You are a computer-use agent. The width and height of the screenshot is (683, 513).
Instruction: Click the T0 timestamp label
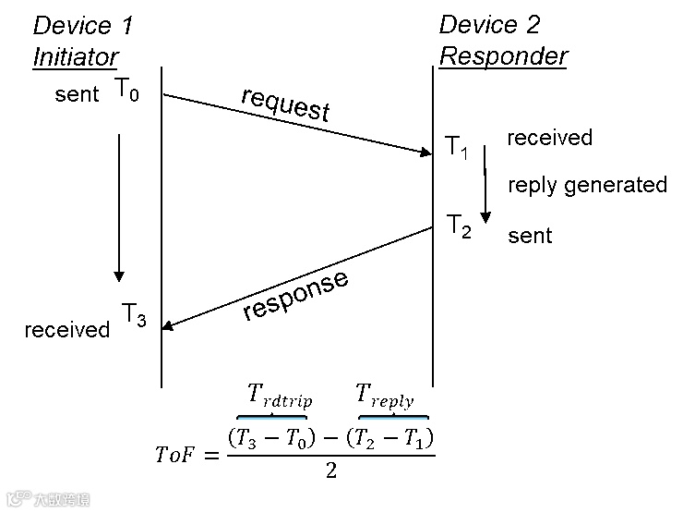pyautogui.click(x=127, y=90)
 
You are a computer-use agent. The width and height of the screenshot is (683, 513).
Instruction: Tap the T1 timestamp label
pyautogui.click(x=457, y=146)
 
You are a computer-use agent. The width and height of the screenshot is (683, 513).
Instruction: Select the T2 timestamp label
pyautogui.click(x=459, y=226)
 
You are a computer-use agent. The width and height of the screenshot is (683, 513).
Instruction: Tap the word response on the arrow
pyautogui.click(x=296, y=296)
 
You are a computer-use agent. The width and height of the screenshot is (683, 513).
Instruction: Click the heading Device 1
pyautogui.click(x=83, y=25)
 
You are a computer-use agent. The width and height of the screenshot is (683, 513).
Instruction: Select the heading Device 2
pyautogui.click(x=489, y=25)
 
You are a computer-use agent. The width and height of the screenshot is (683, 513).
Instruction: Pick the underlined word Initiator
pyautogui.click(x=76, y=56)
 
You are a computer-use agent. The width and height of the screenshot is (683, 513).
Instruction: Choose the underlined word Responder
pyautogui.click(x=503, y=56)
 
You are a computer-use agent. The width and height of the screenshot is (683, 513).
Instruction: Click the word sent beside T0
pyautogui.click(x=77, y=94)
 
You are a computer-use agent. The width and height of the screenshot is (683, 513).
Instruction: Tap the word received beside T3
pyautogui.click(x=67, y=330)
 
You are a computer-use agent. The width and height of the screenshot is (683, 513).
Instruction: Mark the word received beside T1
pyautogui.click(x=550, y=138)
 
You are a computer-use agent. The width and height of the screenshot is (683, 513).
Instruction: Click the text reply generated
pyautogui.click(x=587, y=185)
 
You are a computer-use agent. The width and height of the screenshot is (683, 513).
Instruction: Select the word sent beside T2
pyautogui.click(x=530, y=236)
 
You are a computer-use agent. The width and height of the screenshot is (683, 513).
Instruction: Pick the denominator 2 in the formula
pyautogui.click(x=330, y=471)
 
